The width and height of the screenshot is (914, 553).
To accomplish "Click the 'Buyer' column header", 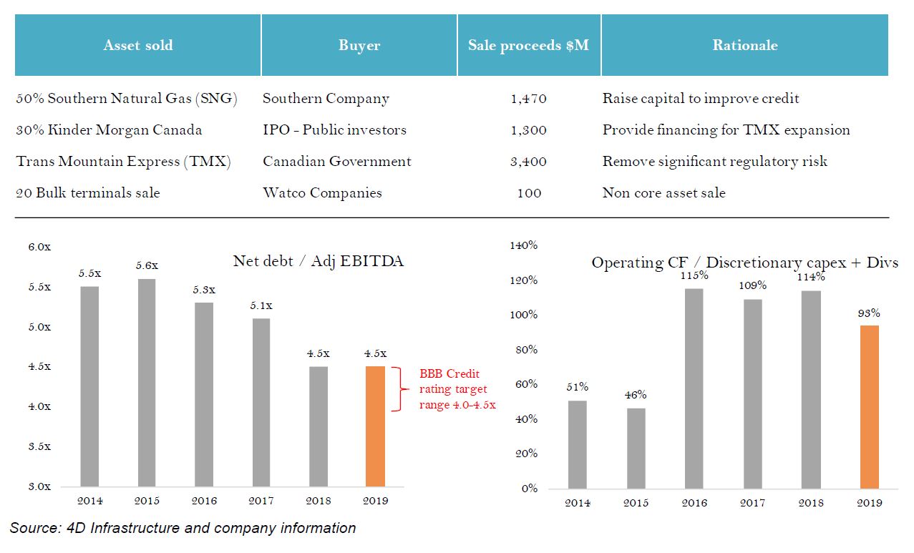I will click(x=359, y=45).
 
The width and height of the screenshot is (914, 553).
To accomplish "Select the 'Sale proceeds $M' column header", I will click(x=528, y=45).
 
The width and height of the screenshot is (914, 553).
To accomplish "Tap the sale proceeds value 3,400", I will click(x=528, y=162).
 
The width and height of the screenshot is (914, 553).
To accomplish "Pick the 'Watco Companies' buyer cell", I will click(x=322, y=193).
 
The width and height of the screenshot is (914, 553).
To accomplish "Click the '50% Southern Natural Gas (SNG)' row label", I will click(x=127, y=99).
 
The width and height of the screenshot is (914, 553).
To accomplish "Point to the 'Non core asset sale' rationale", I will click(x=663, y=193).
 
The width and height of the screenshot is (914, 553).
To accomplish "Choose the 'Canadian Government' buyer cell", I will click(x=336, y=162).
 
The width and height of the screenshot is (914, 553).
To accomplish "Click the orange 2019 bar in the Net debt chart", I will click(x=375, y=426).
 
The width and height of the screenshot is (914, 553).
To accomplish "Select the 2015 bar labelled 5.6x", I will click(x=147, y=383).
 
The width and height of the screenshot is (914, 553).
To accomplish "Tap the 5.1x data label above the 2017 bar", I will click(x=261, y=305).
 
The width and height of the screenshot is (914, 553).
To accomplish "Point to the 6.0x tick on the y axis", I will click(x=39, y=247).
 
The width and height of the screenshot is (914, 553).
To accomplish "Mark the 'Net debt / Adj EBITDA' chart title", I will click(x=319, y=261).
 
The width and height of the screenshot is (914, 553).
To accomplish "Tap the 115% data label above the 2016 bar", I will click(x=694, y=275).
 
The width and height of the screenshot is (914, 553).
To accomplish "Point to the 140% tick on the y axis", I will click(x=523, y=245).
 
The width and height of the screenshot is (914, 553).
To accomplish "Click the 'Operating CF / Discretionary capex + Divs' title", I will click(x=744, y=263).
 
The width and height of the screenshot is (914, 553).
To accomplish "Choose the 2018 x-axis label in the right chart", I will click(x=810, y=503).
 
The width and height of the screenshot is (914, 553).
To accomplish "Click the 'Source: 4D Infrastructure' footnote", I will click(x=183, y=529).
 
